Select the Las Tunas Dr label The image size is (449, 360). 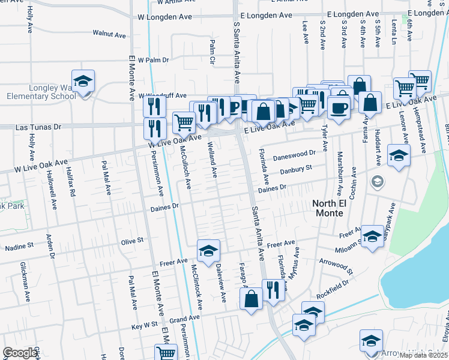pos(38,127)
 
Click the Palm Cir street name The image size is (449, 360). pos(212,52)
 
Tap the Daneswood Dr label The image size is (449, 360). pos(294,155)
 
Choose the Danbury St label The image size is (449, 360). pos(297,170)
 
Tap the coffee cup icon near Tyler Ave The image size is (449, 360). pos(338,107)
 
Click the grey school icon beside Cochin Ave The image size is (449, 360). pos(377,181)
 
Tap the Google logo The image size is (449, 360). pos(20,353)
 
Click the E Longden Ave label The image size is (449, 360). pos(266,15)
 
